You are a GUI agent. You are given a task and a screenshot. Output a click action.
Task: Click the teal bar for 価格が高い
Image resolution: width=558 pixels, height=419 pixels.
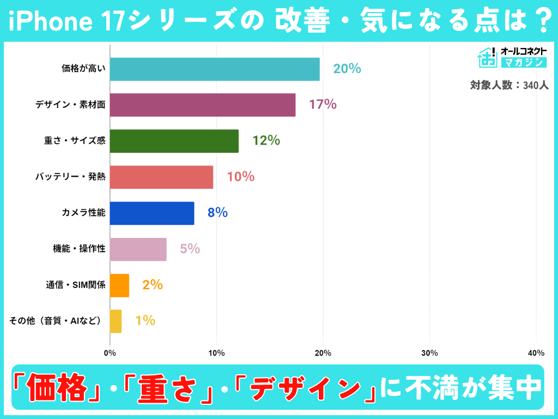click(215, 69)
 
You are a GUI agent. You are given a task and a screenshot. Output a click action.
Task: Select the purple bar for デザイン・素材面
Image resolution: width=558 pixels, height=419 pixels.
click(203, 105)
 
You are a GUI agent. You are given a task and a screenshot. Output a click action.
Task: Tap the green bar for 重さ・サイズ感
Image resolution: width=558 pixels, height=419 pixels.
click(174, 141)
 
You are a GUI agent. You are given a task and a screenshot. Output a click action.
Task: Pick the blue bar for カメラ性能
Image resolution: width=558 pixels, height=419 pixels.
click(152, 213)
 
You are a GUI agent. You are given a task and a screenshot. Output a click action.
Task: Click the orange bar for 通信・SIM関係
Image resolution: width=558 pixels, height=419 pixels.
click(119, 285)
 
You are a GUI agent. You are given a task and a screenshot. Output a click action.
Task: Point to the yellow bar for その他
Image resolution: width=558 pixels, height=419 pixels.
click(116, 321)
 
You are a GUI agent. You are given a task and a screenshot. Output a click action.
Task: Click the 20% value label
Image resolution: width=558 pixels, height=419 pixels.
click(347, 69)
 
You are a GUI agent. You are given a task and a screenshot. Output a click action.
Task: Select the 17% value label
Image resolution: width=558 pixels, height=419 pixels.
click(323, 105)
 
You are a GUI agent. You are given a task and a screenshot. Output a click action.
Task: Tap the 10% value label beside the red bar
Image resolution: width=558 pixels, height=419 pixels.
click(240, 177)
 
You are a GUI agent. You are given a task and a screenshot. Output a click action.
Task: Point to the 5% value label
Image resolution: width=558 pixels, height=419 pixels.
click(190, 249)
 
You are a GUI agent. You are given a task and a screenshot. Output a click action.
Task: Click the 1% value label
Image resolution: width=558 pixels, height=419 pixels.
click(145, 321)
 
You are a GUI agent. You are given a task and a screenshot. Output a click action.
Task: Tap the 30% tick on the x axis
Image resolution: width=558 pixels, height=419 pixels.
click(430, 353)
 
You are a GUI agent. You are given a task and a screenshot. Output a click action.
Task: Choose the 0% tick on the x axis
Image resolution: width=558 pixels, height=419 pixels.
click(110, 353)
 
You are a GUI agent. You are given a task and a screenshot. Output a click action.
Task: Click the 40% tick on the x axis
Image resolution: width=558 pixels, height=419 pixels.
click(536, 353)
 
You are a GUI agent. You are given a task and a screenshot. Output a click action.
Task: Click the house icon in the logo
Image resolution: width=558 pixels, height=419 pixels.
click(487, 57)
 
